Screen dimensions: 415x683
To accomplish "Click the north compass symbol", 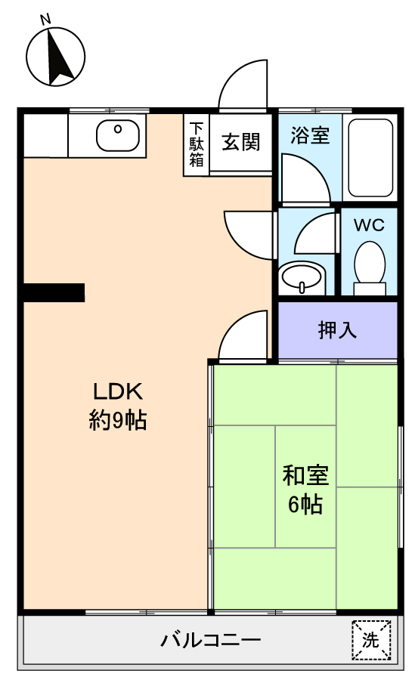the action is point(55,56).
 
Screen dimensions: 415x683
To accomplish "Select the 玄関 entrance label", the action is point(241,143).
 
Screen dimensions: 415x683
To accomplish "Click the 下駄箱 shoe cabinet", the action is point(197,145).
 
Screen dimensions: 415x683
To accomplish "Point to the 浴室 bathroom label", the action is point(310,134).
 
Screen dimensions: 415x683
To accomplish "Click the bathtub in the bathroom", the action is point(370,158).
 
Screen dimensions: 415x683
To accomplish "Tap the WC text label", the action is point(369,224).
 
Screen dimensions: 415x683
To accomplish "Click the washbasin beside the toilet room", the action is point(302,277).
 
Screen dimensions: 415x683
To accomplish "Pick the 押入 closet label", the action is point(337,329).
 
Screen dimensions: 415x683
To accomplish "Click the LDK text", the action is point(118,391).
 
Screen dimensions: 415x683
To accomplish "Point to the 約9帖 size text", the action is point(118,420).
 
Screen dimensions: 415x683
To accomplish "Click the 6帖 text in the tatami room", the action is point(305,505).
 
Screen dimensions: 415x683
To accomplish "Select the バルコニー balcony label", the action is point(211,640).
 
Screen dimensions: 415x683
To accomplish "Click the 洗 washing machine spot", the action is point(371,641).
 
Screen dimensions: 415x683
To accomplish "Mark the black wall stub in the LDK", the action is point(54,292).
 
